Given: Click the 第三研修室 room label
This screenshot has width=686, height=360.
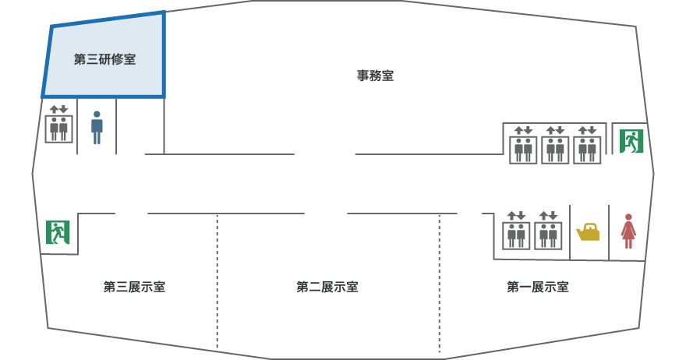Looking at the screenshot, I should [x=104, y=59].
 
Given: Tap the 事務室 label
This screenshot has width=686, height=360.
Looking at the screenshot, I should [x=375, y=76].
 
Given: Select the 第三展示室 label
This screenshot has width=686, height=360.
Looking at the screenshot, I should [x=134, y=287].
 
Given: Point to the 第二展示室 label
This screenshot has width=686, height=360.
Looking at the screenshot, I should [x=327, y=287].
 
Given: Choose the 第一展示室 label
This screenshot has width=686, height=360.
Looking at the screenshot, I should [x=538, y=287].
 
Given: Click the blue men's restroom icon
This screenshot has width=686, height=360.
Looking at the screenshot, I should [x=97, y=127].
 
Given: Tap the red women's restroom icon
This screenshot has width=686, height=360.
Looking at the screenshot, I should [x=628, y=231].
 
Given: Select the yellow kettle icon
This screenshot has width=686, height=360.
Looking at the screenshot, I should [x=588, y=232].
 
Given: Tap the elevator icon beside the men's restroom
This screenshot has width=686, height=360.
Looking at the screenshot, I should [x=58, y=125].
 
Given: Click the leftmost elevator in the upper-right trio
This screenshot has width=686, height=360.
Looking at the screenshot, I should [x=522, y=145].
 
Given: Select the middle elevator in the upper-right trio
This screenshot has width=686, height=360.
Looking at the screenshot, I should [x=555, y=145].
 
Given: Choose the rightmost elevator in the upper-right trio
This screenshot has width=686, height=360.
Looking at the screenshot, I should [x=587, y=145].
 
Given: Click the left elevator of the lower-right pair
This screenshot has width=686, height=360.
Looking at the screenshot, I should [x=517, y=231].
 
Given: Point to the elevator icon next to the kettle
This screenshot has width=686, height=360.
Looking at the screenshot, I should [x=549, y=231].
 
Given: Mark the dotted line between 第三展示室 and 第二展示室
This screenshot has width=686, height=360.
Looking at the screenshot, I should [x=217, y=281].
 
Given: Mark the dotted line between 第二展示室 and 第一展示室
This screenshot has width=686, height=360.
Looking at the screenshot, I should [x=440, y=281].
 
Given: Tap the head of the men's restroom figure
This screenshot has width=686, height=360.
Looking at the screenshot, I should [x=97, y=115].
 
